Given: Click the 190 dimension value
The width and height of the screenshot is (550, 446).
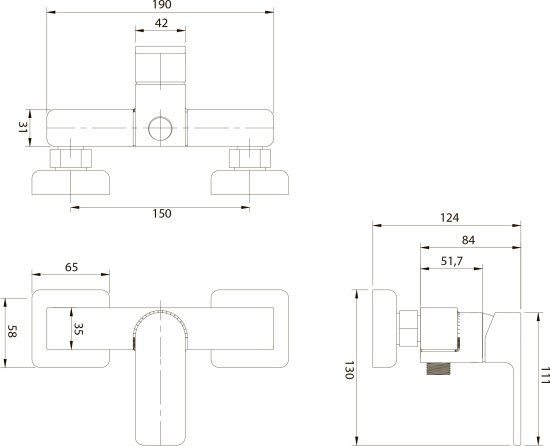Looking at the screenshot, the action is pyautogui.click(x=162, y=5).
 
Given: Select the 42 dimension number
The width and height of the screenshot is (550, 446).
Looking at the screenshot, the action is pyautogui.click(x=161, y=23).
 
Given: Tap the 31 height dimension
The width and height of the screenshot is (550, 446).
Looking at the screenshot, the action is pyautogui.click(x=23, y=127).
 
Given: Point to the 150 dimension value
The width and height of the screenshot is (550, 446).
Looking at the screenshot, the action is pyautogui.click(x=162, y=214).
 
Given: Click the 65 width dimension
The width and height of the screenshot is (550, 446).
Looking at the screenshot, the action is pyautogui.click(x=71, y=267).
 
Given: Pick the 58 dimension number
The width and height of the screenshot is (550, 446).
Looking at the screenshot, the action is pyautogui.click(x=12, y=331).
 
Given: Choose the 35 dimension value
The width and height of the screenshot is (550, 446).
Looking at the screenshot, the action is pyautogui.click(x=79, y=329).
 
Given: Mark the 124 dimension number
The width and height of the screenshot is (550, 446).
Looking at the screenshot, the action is pyautogui.click(x=449, y=218).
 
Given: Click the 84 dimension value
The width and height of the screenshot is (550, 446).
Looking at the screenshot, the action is pyautogui.click(x=468, y=240).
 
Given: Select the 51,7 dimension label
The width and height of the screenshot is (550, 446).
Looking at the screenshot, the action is pyautogui.click(x=452, y=261).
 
